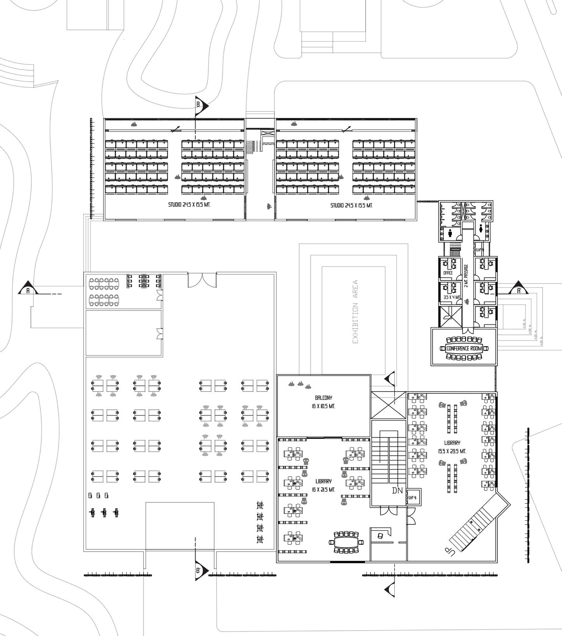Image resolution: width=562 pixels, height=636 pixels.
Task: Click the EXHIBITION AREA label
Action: pyautogui.click(x=355, y=312)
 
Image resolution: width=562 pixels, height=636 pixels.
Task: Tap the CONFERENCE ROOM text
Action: pyautogui.click(x=464, y=348)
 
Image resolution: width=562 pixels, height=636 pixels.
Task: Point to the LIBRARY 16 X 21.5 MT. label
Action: pyautogui.click(x=323, y=485)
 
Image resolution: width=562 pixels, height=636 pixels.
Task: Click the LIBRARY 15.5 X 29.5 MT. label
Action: pyautogui.click(x=452, y=447)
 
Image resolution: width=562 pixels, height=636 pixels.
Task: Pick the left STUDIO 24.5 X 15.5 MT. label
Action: pyautogui.click(x=189, y=205)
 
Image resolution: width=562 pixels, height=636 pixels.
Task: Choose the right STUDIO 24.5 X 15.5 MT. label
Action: pyautogui.click(x=351, y=205)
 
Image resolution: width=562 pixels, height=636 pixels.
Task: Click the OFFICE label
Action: pyautogui.click(x=448, y=273)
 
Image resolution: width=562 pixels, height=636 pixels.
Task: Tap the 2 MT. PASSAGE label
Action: pyautogui.click(x=466, y=276)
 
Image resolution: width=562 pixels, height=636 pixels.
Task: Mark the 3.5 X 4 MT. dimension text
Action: pyautogui.click(x=451, y=297)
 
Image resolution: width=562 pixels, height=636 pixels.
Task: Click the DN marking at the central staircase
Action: pyautogui.click(x=397, y=490)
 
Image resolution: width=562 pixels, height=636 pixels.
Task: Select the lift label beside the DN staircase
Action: pyautogui.click(x=412, y=497)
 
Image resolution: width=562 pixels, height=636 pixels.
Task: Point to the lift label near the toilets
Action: pyautogui.click(x=480, y=250)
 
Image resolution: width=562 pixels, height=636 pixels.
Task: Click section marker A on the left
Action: pyautogui.click(x=28, y=288)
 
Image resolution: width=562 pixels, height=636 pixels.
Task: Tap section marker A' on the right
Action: pyautogui.click(x=519, y=289)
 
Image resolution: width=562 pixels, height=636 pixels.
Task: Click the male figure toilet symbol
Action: pyautogui.click(x=450, y=233)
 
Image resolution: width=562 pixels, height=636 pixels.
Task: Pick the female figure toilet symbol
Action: pyautogui.click(x=481, y=229)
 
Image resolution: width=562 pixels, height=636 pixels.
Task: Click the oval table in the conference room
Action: pyautogui.click(x=464, y=348)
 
